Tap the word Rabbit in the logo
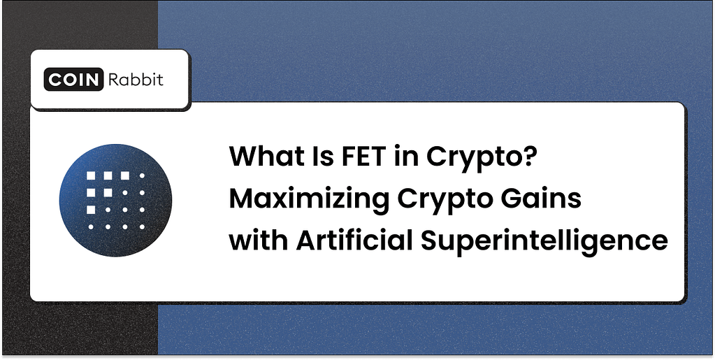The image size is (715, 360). (x=136, y=80)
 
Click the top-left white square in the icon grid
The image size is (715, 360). (x=89, y=175)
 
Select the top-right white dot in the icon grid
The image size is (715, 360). (x=142, y=175)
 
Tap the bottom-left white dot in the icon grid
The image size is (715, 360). (x=89, y=227)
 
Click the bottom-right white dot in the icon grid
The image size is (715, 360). (x=142, y=227)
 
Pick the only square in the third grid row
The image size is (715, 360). (x=89, y=210)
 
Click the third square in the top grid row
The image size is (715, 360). (x=124, y=175)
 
